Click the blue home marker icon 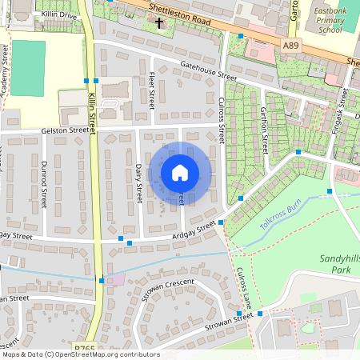pyautogui.click(x=180, y=172)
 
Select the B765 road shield pyautogui.click(x=84, y=350)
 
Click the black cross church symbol pyautogui.click(x=160, y=23)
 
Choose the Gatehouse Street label pyautogui.click(x=209, y=72)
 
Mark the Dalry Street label pyautogui.click(x=139, y=182)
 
